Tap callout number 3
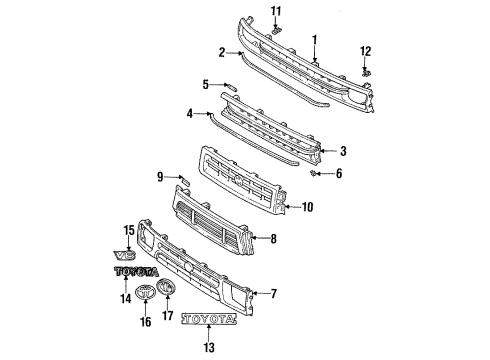(343, 151)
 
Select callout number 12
(365, 50)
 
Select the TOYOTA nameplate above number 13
(209, 321)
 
